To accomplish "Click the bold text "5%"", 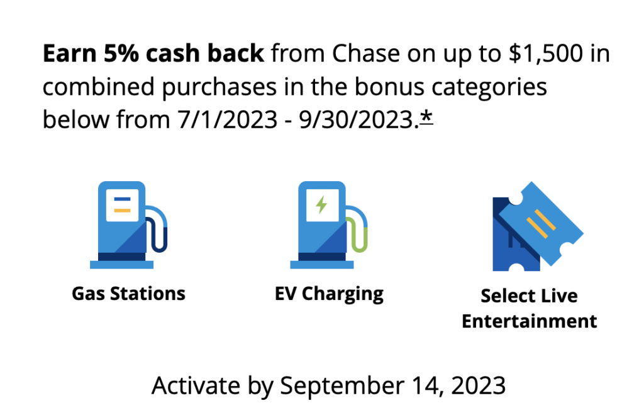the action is click(x=121, y=53).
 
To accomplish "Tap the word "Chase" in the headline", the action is click(x=365, y=53).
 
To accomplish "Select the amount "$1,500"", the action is click(x=545, y=54).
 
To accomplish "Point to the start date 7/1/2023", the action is click(x=227, y=120).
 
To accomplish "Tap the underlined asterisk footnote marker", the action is click(x=426, y=118).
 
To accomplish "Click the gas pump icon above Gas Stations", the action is click(x=128, y=225).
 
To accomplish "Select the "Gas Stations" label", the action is click(x=128, y=294).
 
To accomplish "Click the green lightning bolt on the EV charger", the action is click(x=321, y=204).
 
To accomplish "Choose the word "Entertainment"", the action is click(x=529, y=321).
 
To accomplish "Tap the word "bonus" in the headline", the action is click(x=384, y=87).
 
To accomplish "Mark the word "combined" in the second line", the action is click(x=99, y=87).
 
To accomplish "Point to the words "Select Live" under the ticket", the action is click(x=529, y=296).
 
